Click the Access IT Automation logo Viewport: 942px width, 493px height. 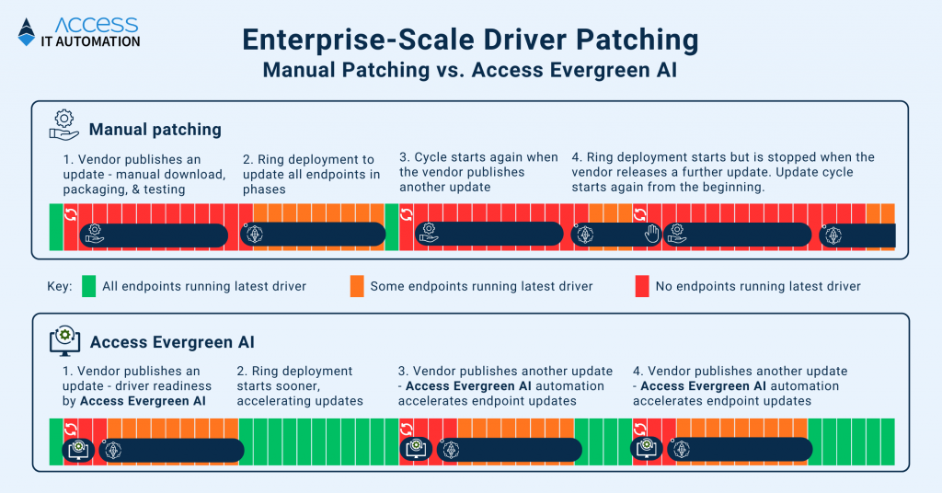[79, 31]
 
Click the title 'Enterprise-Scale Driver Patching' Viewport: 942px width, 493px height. [470, 40]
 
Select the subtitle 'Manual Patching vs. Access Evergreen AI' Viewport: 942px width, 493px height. [470, 71]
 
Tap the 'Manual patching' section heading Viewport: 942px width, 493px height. [155, 129]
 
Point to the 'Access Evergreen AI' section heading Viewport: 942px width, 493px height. [172, 342]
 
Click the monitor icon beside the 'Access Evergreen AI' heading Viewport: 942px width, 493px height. [64, 339]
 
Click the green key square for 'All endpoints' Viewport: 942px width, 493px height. [88, 286]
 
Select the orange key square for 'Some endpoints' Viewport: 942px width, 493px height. [357, 286]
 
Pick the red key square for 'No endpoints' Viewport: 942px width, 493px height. [641, 286]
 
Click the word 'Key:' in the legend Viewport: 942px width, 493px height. [59, 287]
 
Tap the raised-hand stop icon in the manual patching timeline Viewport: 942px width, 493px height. [651, 235]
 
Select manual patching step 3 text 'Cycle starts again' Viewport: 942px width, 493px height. [478, 172]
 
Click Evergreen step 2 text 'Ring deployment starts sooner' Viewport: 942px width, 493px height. [300, 385]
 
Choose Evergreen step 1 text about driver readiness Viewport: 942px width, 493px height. [132, 385]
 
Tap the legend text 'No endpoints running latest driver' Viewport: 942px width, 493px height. [757, 287]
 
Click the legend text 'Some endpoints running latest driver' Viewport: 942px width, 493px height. [481, 287]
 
